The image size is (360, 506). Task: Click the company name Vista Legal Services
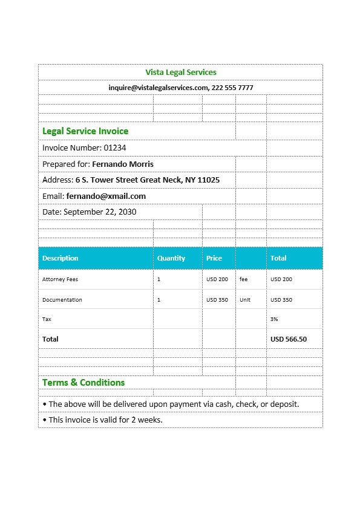[180, 73]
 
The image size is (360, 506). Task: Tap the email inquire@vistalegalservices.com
[158, 88]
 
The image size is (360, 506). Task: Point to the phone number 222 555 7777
[232, 88]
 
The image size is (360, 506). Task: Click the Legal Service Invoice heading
[85, 131]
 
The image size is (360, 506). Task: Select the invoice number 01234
[114, 148]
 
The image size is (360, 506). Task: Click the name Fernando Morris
[123, 164]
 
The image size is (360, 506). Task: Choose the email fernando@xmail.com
[106, 196]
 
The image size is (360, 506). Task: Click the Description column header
[61, 258]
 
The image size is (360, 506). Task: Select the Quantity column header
[171, 258]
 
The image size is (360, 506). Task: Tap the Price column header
[214, 258]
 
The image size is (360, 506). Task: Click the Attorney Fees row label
[60, 279]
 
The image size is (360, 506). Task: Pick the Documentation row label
[62, 300]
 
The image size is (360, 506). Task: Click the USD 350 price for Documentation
[217, 300]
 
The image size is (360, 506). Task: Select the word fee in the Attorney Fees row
[244, 279]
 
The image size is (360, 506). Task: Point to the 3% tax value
[274, 319]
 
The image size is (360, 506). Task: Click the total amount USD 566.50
[289, 339]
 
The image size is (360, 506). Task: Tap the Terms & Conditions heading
[83, 383]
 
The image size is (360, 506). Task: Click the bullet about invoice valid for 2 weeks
[103, 420]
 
